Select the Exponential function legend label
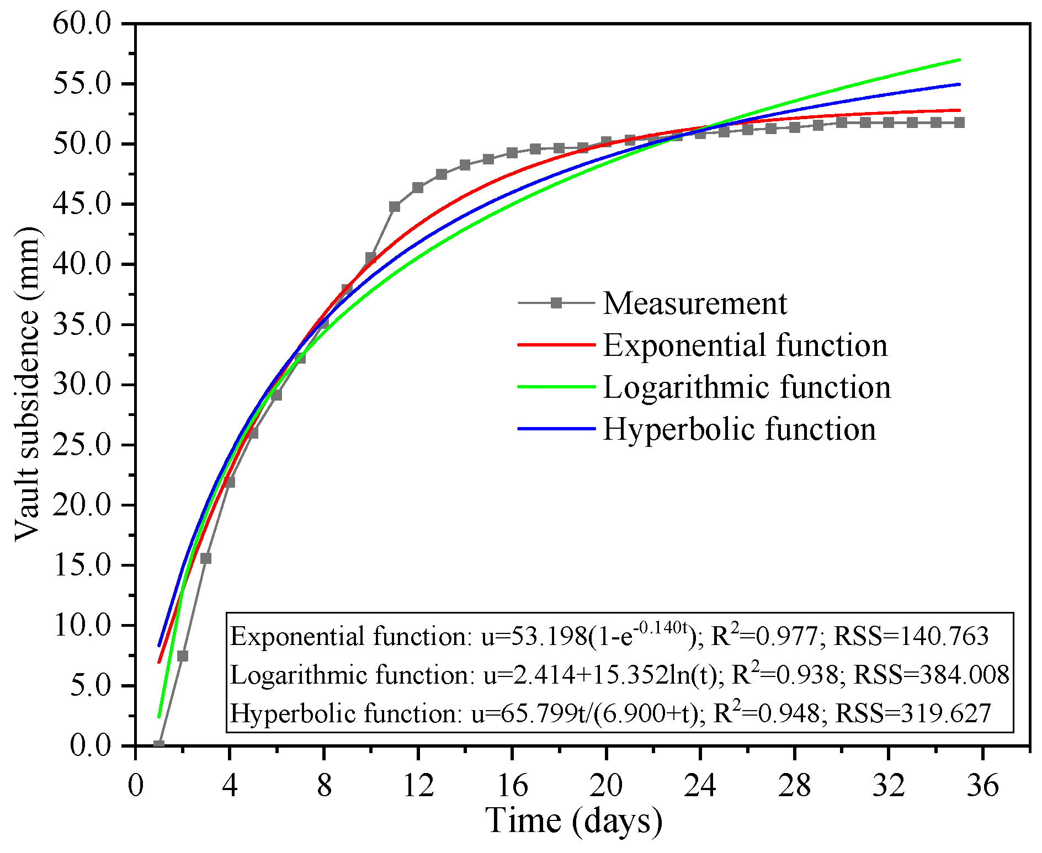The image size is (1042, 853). [745, 345]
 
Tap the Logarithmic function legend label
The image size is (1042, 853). [747, 387]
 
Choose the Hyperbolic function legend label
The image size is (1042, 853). [739, 429]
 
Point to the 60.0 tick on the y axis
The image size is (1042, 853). [82, 24]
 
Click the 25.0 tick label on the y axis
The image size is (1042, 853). [82, 445]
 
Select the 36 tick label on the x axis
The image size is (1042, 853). [982, 785]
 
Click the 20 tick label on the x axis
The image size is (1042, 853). [606, 785]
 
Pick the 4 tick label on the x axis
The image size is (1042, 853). [230, 785]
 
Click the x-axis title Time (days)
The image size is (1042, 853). [574, 820]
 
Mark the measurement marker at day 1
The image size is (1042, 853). [159, 745]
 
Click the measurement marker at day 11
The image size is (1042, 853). [395, 207]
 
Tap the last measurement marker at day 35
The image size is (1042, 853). [959, 122]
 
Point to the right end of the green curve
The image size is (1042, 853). [959, 60]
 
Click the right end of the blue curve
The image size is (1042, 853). [959, 84]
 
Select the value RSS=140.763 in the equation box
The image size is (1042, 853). [911, 637]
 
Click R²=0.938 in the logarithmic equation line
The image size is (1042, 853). [784, 674]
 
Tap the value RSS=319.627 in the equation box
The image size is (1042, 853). [913, 713]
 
